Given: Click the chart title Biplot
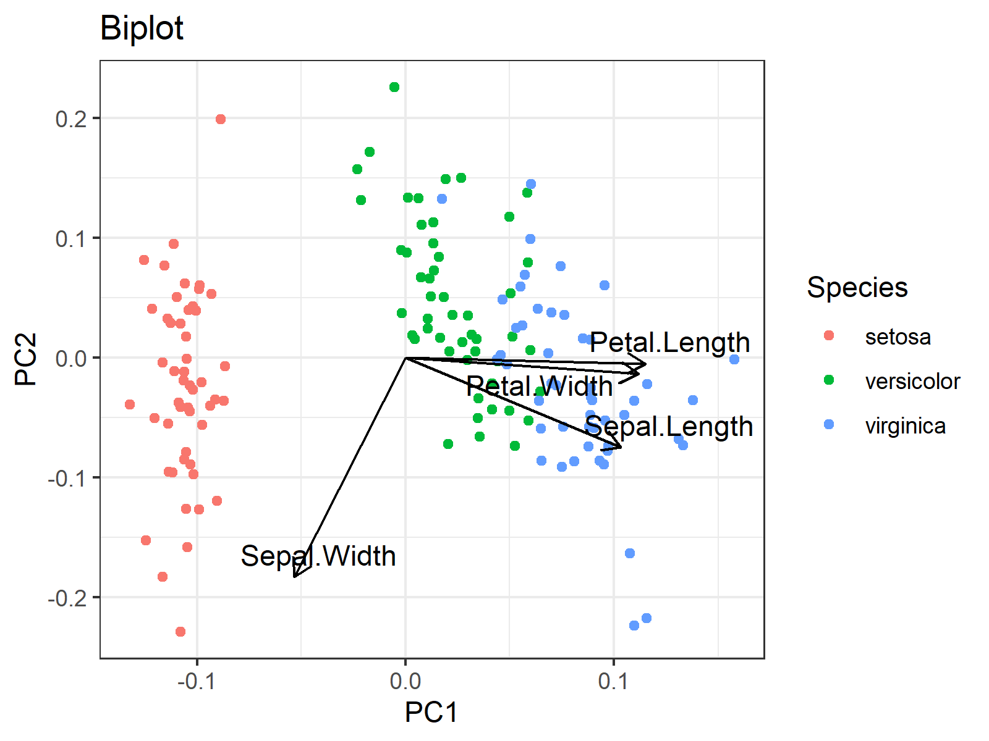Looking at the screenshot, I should (x=142, y=28).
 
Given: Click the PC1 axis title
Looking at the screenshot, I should (x=431, y=713).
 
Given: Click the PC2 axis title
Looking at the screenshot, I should (x=26, y=359).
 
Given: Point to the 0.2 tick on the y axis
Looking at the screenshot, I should (x=71, y=119).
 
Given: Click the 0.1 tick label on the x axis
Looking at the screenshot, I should (x=613, y=681).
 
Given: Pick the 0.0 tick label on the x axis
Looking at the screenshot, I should (x=405, y=681).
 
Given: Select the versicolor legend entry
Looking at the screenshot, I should (x=912, y=382).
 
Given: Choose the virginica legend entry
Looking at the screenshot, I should (x=905, y=426).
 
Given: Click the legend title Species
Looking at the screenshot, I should (x=857, y=288).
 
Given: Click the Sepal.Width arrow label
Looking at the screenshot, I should (x=318, y=556).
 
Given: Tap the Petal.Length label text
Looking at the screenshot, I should (x=669, y=343).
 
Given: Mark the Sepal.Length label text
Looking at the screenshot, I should (x=669, y=427).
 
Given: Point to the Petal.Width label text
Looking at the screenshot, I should (x=539, y=387).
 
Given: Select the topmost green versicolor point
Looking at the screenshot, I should (x=394, y=87).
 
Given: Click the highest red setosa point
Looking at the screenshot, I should (x=221, y=119).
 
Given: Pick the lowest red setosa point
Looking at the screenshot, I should (x=180, y=632).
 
